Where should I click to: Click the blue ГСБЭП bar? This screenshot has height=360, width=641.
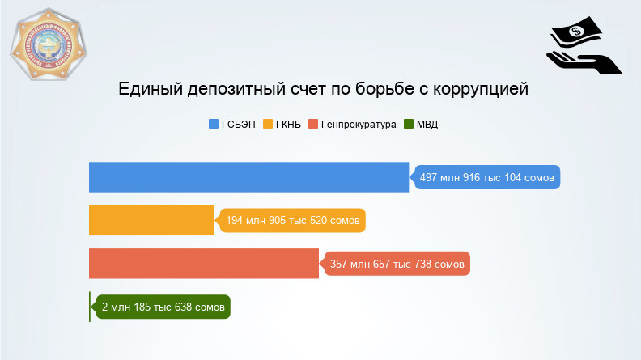click(x=248, y=177)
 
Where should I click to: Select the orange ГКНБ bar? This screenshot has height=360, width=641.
click(x=151, y=220)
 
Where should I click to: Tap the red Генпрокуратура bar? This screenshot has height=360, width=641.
click(x=204, y=264)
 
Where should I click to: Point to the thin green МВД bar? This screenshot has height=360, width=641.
click(x=90, y=307)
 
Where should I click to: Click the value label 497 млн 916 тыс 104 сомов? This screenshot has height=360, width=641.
click(x=488, y=177)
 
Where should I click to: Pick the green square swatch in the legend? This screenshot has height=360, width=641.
click(x=408, y=125)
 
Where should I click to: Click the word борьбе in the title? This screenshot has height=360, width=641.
click(x=382, y=89)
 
